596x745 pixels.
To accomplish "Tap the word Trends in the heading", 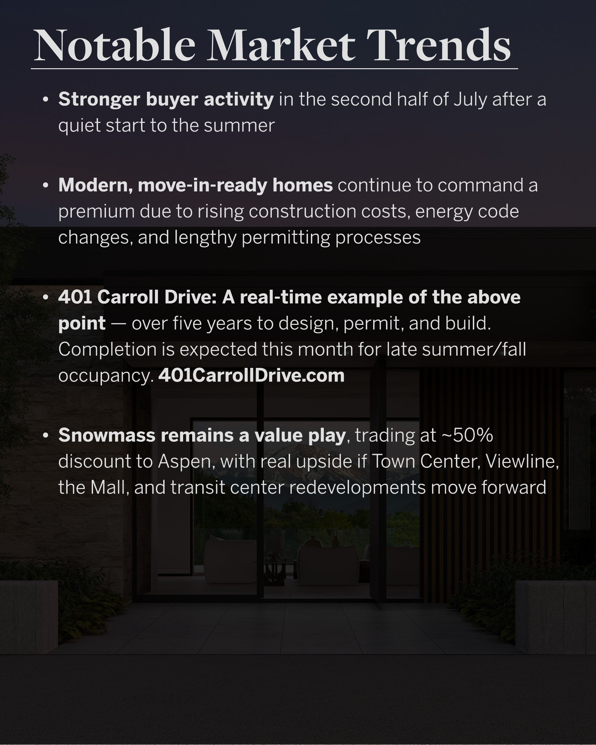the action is point(438,46).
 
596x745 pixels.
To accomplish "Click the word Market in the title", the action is point(281,46).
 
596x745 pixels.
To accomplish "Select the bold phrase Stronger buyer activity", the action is point(166,100).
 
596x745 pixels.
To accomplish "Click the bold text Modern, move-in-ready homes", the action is point(196,185).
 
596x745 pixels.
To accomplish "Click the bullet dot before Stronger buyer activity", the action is point(45,100).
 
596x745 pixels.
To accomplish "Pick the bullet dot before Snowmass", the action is point(45,435).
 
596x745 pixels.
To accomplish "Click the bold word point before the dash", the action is point(82,324).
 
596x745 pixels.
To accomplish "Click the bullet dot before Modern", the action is point(45,185).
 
